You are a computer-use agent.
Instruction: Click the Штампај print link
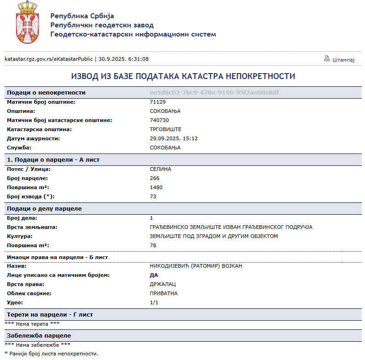tap(344, 59)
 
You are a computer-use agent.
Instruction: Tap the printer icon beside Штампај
tap(327, 58)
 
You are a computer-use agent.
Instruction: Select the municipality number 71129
tap(157, 102)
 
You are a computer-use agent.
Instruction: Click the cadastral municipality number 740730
tap(159, 120)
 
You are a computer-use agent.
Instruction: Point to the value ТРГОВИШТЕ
tap(166, 129)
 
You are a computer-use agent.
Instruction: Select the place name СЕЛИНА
tap(160, 169)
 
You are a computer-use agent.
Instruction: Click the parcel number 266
tap(155, 178)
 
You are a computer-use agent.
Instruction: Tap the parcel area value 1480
tap(156, 187)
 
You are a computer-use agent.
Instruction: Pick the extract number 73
tap(153, 196)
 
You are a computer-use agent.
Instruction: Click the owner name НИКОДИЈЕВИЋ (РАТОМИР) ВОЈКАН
tap(196, 266)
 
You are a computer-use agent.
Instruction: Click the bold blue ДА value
tap(154, 275)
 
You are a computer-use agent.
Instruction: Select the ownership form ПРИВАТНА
tap(164, 293)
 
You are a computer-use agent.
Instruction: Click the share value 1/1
tap(154, 302)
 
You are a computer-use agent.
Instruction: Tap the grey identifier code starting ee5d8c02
tap(214, 92)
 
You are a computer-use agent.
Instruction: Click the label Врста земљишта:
tap(32, 227)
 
